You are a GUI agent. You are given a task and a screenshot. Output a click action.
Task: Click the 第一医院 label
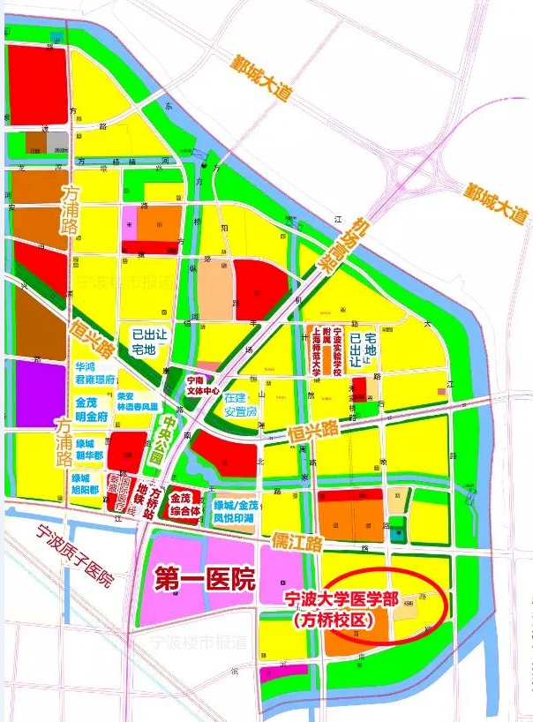(x=205, y=580)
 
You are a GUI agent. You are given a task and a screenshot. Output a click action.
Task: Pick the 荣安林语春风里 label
(x=137, y=402)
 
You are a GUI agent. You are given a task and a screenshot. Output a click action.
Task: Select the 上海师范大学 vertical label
(x=314, y=350)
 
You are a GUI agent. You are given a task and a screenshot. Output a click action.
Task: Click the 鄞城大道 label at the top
(x=259, y=77)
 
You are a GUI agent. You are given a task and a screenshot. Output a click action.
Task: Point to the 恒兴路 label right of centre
(x=313, y=432)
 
